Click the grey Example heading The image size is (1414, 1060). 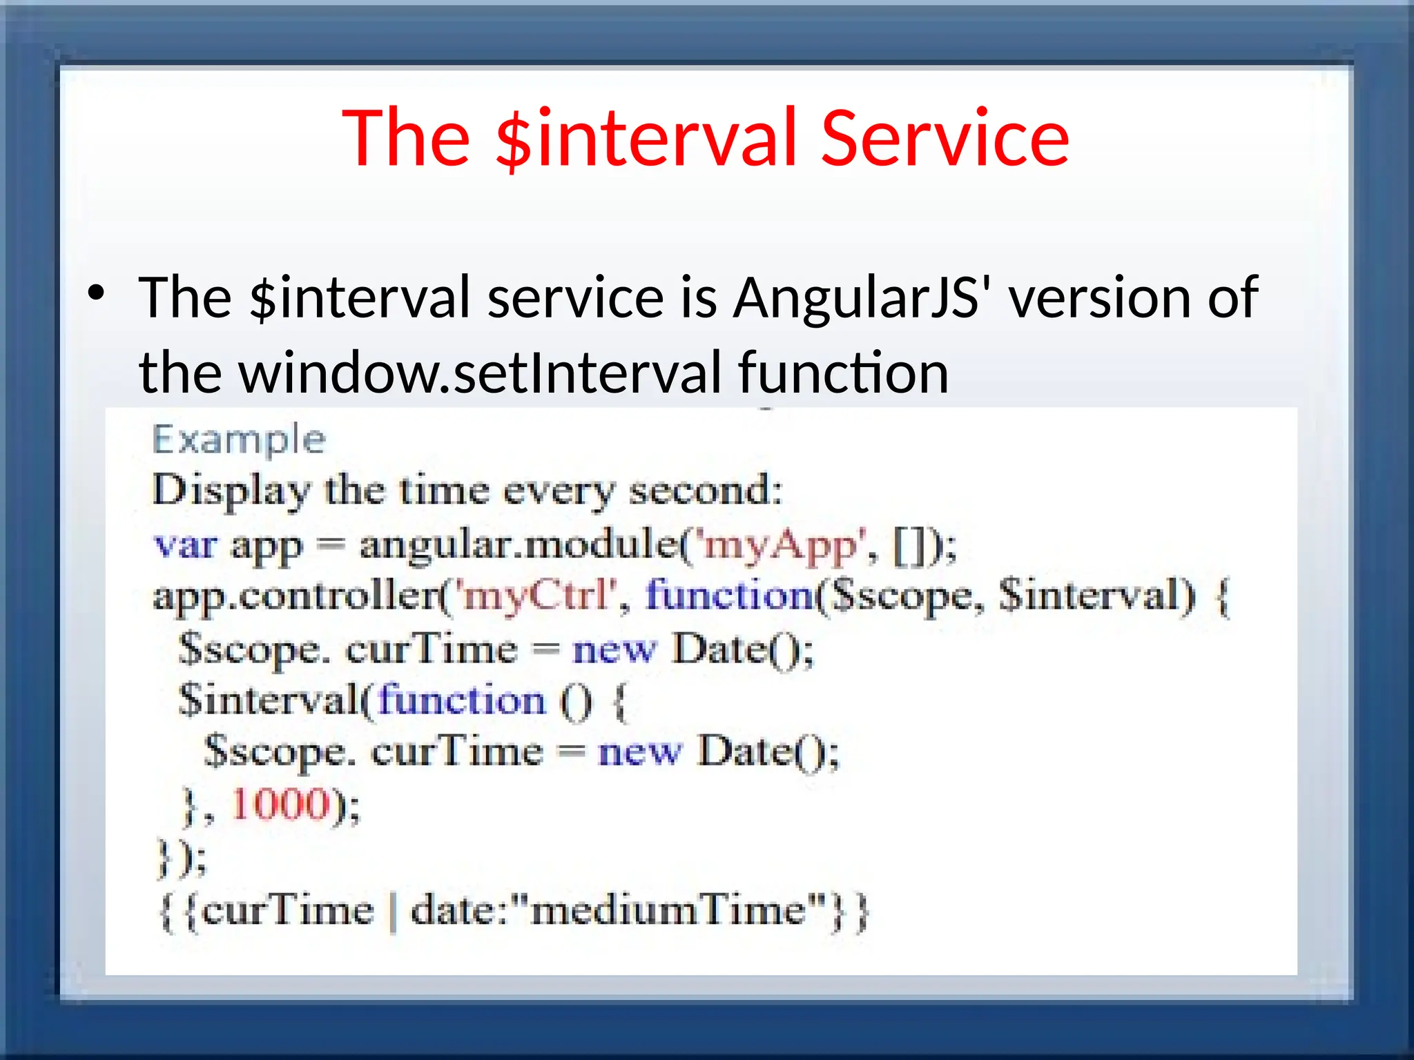pyautogui.click(x=239, y=440)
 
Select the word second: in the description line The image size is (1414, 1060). pyautogui.click(x=705, y=491)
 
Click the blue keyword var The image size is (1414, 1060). pyautogui.click(x=185, y=544)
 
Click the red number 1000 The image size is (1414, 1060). pyautogui.click(x=280, y=805)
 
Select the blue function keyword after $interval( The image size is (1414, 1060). pyautogui.click(x=461, y=700)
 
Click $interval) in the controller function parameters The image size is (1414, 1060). pyautogui.click(x=1097, y=595)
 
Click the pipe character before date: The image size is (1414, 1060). pyautogui.click(x=393, y=912)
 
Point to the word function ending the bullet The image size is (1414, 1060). pyautogui.click(x=843, y=373)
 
